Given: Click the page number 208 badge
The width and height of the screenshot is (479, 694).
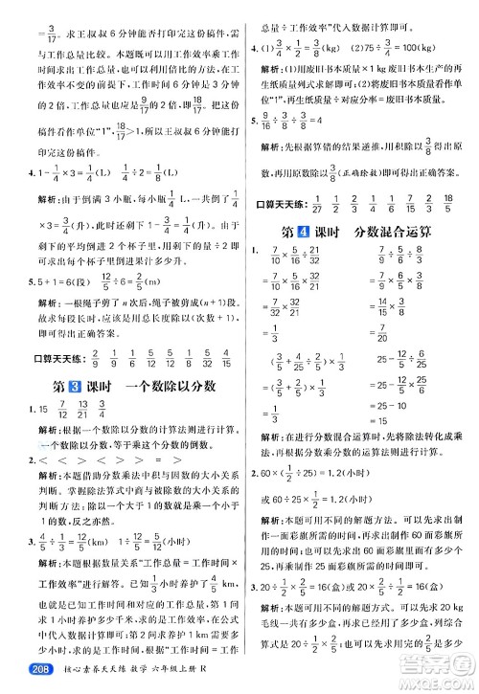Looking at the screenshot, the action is coord(21,680).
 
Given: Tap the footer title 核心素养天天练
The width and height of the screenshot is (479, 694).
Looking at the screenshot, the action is coord(80,680).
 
